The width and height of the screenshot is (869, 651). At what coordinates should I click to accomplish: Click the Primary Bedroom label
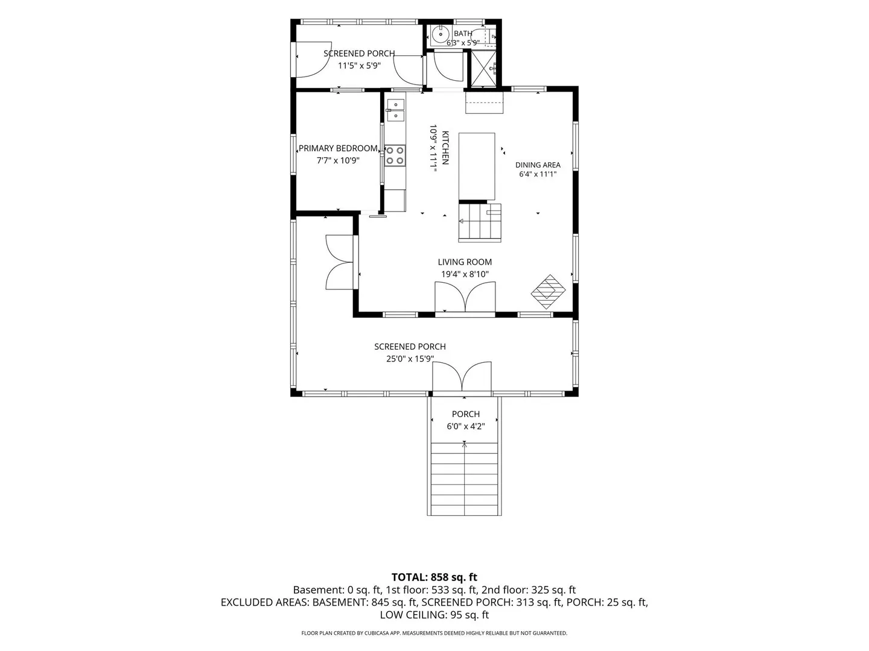[338, 148]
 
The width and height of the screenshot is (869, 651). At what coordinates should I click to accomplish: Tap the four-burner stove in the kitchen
[395, 156]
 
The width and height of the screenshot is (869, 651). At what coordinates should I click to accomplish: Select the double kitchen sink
[395, 110]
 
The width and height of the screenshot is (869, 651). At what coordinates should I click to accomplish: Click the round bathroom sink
[441, 34]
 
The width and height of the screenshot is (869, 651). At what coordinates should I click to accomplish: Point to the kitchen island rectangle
[477, 166]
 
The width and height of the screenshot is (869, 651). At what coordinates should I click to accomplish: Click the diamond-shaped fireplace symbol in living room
[548, 292]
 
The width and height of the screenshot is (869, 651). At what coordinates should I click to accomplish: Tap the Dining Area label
[538, 165]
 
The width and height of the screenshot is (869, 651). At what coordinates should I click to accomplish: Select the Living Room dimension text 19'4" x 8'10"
[465, 274]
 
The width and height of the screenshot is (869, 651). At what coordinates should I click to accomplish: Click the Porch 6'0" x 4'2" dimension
[465, 426]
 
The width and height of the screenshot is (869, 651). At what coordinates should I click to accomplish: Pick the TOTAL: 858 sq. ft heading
[434, 577]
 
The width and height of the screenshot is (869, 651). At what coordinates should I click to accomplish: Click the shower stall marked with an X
[482, 69]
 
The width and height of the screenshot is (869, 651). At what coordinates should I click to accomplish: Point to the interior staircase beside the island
[480, 222]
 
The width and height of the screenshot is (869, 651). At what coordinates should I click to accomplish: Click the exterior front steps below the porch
[464, 479]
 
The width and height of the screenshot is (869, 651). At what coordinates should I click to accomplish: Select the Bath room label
[463, 34]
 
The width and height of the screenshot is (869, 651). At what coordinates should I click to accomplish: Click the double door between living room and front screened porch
[465, 297]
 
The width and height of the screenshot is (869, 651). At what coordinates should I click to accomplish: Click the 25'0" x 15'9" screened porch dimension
[410, 359]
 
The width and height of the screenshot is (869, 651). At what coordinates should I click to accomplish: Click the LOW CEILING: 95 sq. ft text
[434, 615]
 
